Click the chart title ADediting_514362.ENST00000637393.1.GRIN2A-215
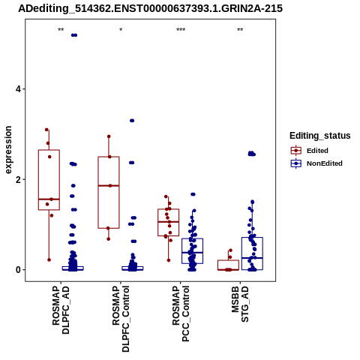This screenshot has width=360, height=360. tap(150, 8)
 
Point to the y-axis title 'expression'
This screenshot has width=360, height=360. tap(8, 150)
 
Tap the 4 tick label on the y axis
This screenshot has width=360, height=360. tap(18, 89)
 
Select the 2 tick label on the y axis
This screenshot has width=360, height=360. tap(18, 179)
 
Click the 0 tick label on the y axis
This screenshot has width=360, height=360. tap(18, 270)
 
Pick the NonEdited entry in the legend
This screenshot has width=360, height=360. tap(316, 163)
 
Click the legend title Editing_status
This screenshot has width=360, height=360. tap(320, 136)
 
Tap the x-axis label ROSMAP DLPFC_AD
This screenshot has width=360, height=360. tap(61, 310)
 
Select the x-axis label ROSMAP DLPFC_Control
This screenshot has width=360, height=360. tap(121, 319)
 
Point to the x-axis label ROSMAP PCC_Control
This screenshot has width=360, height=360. tap(181, 313)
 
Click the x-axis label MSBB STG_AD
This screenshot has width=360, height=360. tap(240, 304)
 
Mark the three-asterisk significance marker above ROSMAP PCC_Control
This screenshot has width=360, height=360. tap(181, 30)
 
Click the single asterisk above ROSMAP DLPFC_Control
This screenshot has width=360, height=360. tap(121, 30)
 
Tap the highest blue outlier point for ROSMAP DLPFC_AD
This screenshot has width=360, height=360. tap(74, 35)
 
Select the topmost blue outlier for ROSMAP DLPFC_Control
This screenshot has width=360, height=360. tap(132, 121)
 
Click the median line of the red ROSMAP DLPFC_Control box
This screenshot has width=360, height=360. tap(109, 186)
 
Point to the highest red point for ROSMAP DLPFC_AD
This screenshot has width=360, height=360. tap(46, 130)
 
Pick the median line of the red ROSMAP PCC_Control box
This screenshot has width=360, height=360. tap(169, 222)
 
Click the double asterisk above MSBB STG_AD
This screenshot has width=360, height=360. tap(240, 30)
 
